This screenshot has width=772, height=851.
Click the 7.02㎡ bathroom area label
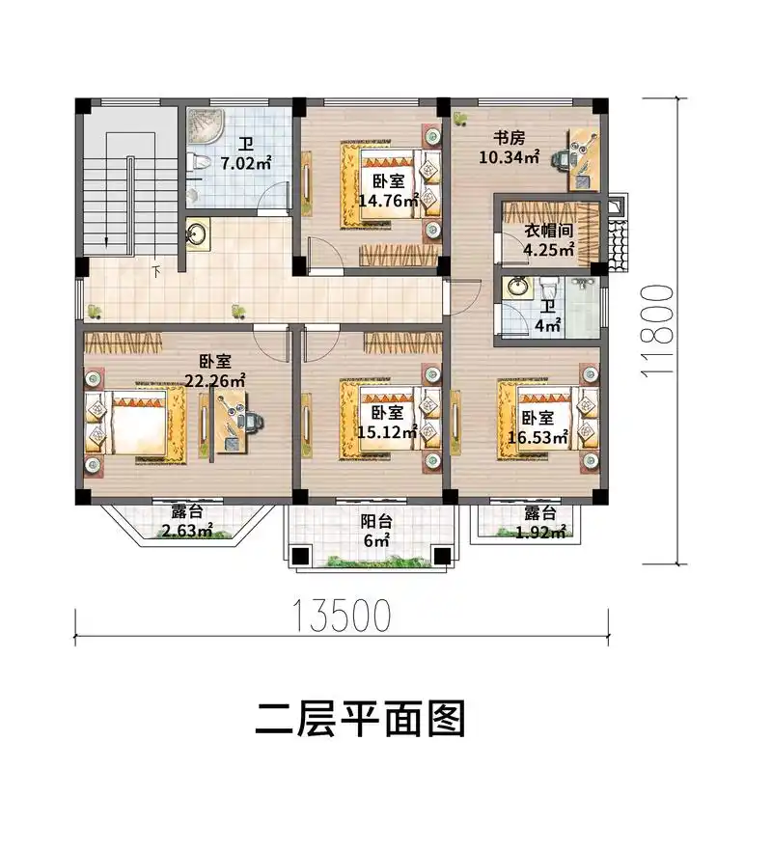click(x=245, y=154)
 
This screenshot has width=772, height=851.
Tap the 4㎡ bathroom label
click(x=548, y=317)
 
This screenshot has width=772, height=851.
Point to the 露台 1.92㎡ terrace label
click(x=538, y=522)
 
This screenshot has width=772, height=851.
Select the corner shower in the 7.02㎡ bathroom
click(x=202, y=125)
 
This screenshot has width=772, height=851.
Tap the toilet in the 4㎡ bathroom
click(x=550, y=288)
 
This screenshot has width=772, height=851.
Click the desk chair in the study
click(x=563, y=158)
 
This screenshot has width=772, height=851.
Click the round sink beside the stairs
click(x=198, y=233)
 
